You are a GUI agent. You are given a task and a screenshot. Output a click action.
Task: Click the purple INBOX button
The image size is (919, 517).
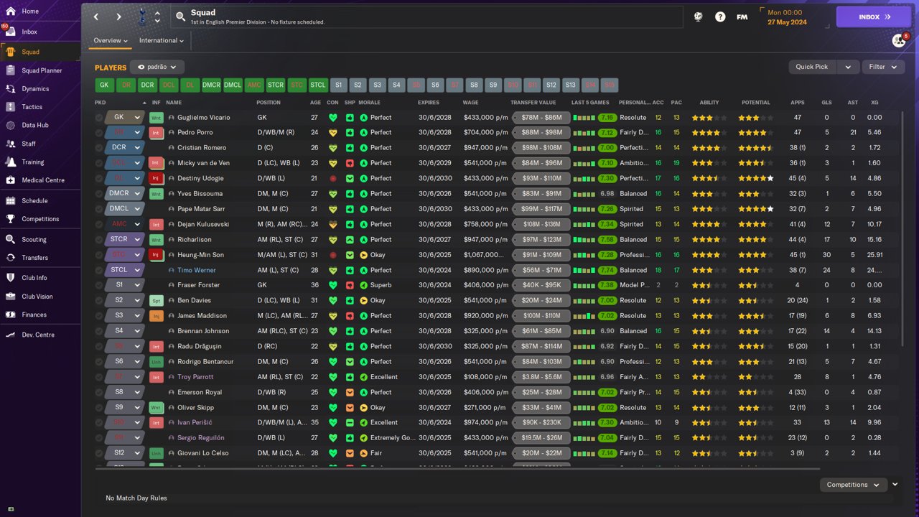pyautogui.click(x=873, y=17)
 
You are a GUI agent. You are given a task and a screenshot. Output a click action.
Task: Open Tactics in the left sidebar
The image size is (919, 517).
pyautogui.click(x=32, y=107)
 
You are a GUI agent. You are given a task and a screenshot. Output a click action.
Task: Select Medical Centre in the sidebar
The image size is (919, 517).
pyautogui.click(x=42, y=180)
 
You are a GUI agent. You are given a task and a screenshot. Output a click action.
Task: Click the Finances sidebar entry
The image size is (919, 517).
pyautogui.click(x=34, y=315)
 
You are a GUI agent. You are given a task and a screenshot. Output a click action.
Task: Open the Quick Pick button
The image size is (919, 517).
pyautogui.click(x=812, y=67)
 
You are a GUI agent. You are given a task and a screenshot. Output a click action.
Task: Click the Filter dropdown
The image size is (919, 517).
pyautogui.click(x=882, y=67)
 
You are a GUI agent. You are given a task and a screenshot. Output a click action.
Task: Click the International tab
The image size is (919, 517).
pyautogui.click(x=161, y=41)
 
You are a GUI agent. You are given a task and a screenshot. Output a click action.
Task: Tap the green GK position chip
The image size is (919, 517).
pyautogui.click(x=104, y=85)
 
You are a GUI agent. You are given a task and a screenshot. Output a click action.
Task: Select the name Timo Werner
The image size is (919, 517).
pyautogui.click(x=196, y=270)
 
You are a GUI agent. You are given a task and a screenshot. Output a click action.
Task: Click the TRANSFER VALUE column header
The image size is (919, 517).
pyautogui.click(x=533, y=103)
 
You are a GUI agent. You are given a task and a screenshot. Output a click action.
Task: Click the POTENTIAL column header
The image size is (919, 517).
pyautogui.click(x=755, y=103)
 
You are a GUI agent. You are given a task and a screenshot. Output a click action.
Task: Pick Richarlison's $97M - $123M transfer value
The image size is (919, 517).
pyautogui.click(x=541, y=240)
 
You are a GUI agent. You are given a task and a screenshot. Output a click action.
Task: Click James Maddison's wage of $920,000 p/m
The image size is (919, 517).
pyautogui.click(x=485, y=316)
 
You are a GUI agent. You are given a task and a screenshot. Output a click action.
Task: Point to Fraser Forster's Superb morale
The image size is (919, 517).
pyautogui.click(x=385, y=285)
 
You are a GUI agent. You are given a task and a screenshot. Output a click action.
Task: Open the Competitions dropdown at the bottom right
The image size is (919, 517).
pyautogui.click(x=852, y=485)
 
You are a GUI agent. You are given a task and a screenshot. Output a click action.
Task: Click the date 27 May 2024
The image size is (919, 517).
pyautogui.click(x=786, y=22)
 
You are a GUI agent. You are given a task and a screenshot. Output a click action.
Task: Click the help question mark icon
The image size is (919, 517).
pyautogui.click(x=720, y=17)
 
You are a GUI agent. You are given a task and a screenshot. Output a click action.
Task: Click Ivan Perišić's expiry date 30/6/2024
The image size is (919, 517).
pyautogui.click(x=434, y=423)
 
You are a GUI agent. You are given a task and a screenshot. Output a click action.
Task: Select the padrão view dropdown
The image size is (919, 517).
pyautogui.click(x=157, y=67)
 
